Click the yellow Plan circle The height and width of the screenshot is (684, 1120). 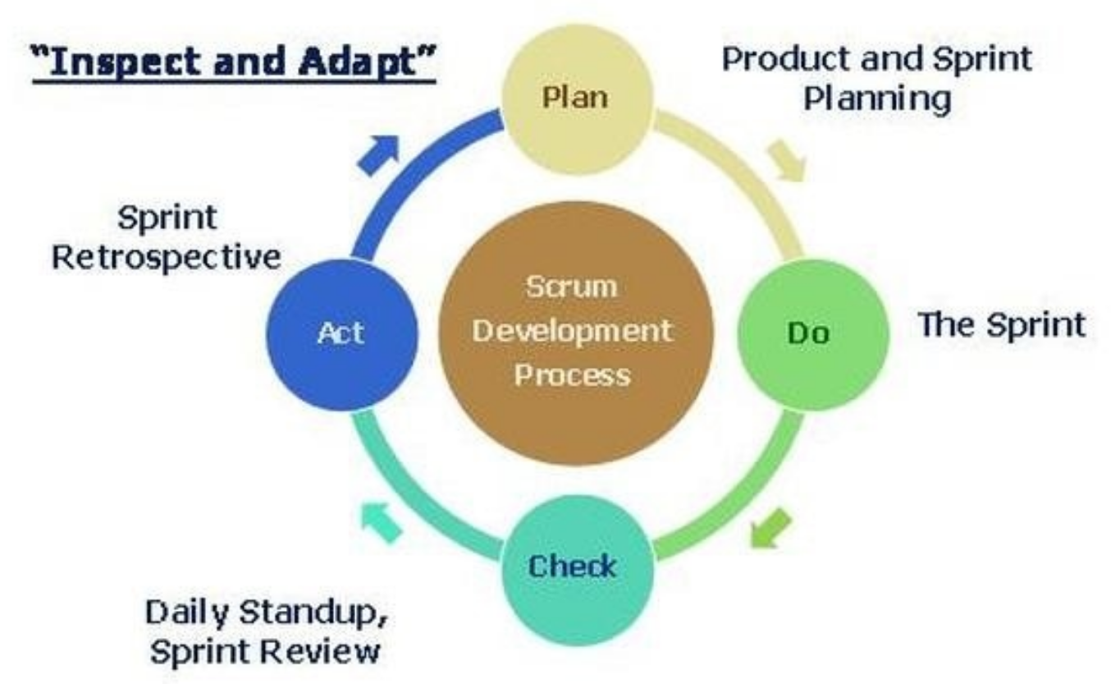577,97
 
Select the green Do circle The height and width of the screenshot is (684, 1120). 812,333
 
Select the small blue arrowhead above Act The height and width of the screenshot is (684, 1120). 378,152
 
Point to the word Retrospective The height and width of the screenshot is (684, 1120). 167,257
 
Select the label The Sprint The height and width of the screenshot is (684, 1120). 1000,325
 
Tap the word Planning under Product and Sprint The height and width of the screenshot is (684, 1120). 877,100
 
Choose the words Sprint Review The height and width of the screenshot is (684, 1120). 263,653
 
